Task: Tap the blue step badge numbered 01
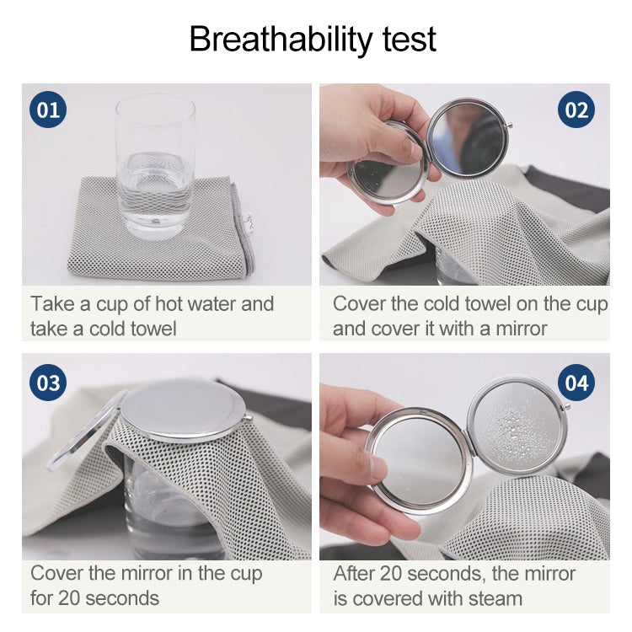pos(48,110)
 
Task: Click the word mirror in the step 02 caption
pos(517,329)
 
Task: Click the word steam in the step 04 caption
pos(488,599)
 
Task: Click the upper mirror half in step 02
pos(470,137)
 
